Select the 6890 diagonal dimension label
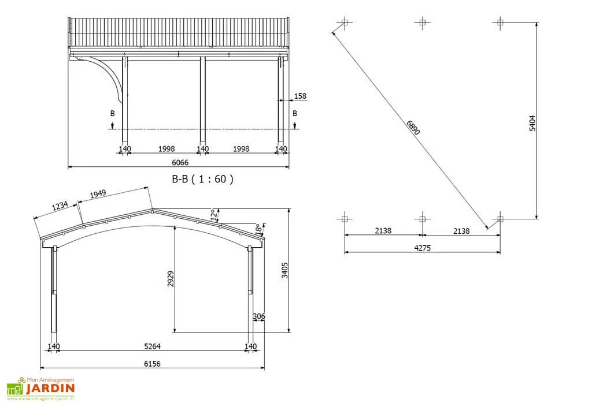pos(413,128)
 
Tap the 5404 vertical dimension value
pos(532,123)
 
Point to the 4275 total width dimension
pos(423,248)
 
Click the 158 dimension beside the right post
pos(300,96)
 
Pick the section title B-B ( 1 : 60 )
pos(203,179)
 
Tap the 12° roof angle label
pos(214,215)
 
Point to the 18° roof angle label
pos(258,229)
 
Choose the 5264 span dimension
pos(153,346)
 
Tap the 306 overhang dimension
pos(258,316)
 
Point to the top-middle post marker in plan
pos(422,23)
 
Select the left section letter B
pos(113,114)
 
